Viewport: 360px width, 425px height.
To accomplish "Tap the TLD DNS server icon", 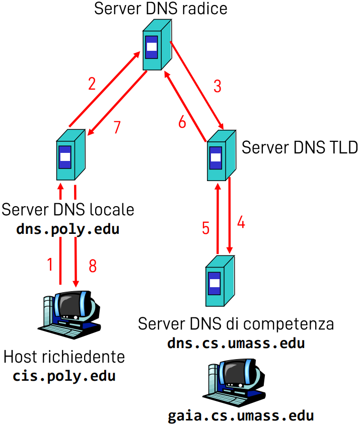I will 221,155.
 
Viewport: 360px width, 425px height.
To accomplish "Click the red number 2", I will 92,82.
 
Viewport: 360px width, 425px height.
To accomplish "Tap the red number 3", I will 217,86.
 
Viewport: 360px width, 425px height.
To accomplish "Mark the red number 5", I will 205,228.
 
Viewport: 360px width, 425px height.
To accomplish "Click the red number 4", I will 241,222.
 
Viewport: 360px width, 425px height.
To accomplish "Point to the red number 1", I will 49,265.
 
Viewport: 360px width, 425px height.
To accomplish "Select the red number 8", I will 93,266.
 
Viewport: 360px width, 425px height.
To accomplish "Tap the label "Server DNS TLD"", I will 300,147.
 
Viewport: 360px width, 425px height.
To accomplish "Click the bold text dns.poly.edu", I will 67,229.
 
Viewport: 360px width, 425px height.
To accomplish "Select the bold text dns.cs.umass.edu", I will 236,344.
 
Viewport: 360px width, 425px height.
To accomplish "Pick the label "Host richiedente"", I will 64,357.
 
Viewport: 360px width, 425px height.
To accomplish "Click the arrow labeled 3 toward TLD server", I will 197,85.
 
